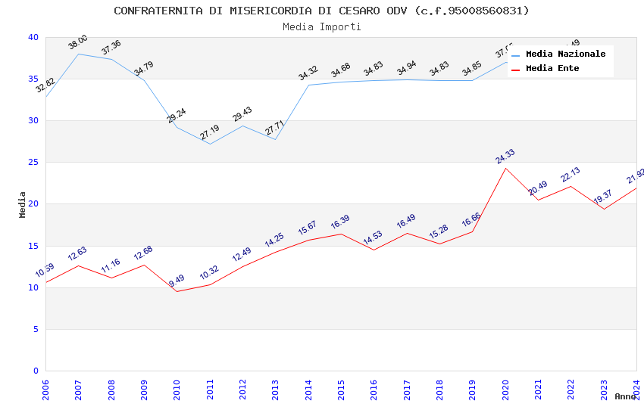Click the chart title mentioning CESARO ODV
click(x=322, y=11)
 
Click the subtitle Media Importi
click(x=322, y=26)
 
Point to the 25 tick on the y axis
click(x=33, y=163)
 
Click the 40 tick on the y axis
click(x=33, y=38)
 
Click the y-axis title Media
click(x=23, y=204)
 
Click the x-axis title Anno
click(x=625, y=396)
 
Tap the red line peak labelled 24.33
click(x=505, y=168)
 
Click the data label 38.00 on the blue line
click(x=77, y=42)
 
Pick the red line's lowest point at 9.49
click(x=177, y=291)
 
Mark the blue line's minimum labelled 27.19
click(x=210, y=143)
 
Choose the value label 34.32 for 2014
click(x=308, y=73)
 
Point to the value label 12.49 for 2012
click(x=242, y=255)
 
